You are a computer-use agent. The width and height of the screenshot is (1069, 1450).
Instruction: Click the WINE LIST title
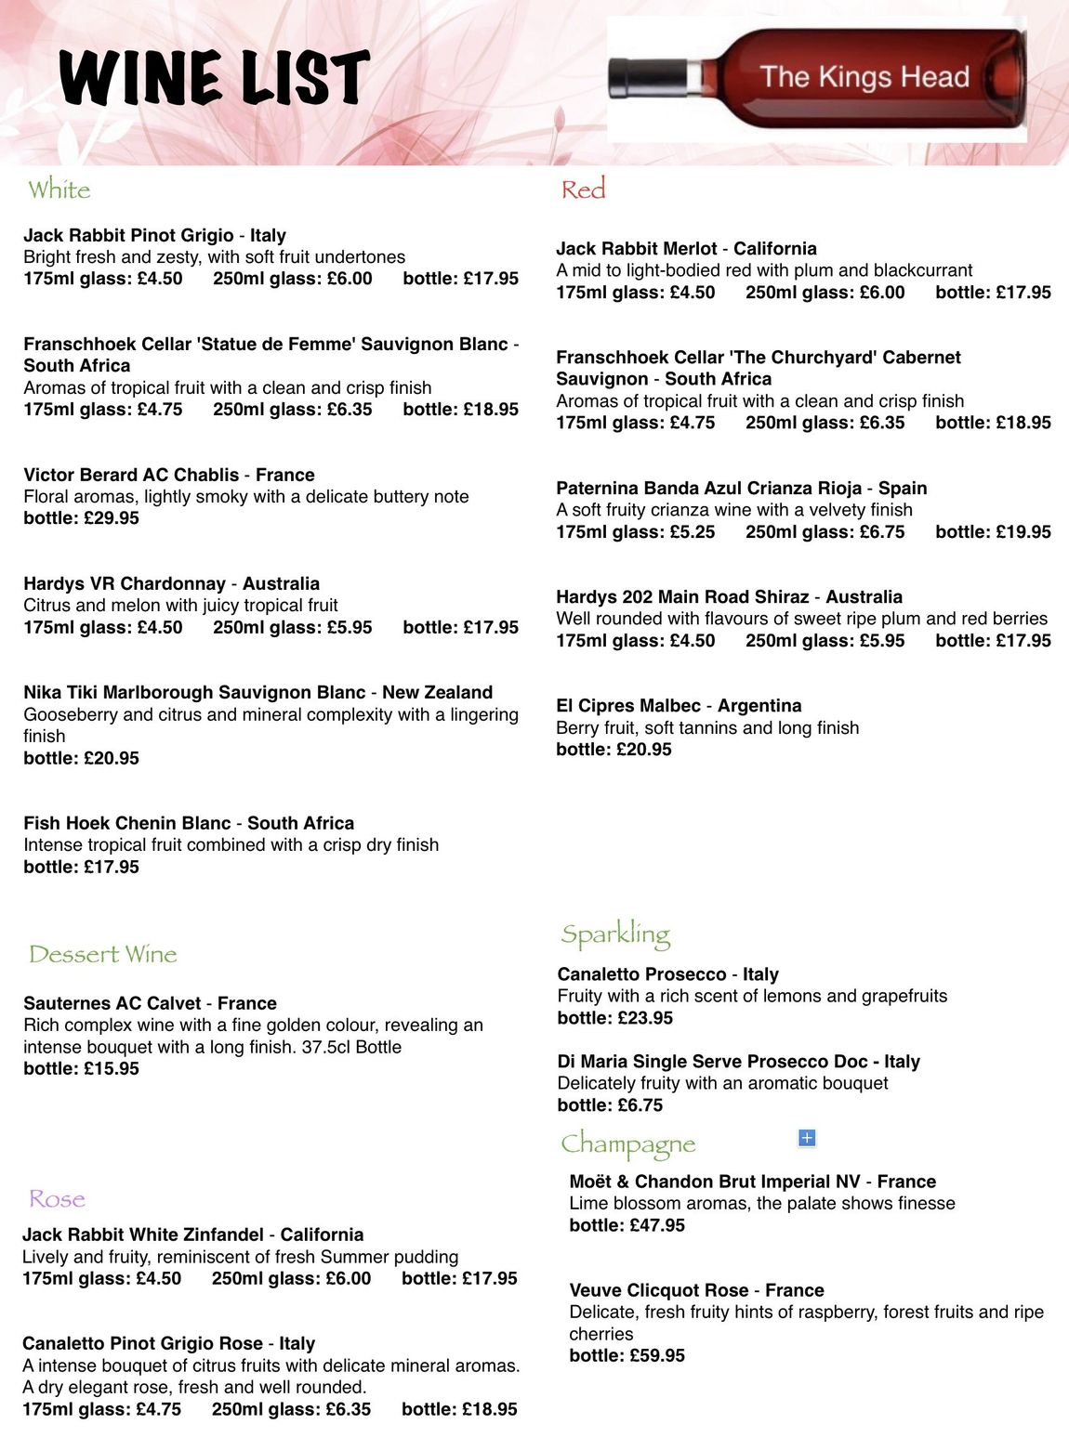coord(214,78)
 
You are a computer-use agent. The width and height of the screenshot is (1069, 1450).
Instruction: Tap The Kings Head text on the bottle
coord(864,77)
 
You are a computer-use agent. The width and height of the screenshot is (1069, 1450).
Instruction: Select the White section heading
coord(59,189)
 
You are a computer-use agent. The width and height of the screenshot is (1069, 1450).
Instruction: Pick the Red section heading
coord(583,189)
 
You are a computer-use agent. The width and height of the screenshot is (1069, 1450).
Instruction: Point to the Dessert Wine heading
coord(102,954)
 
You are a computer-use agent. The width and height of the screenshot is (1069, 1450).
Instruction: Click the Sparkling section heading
coord(615,934)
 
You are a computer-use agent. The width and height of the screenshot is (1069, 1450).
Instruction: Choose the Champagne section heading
coord(627,1143)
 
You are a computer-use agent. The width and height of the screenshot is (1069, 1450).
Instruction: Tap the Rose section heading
coord(57,1199)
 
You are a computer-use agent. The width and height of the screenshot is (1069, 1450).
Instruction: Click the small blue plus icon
coord(807,1138)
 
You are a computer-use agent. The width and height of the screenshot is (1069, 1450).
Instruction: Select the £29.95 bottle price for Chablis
coord(111,518)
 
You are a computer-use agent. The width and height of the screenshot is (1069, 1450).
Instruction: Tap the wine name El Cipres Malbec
coord(628,706)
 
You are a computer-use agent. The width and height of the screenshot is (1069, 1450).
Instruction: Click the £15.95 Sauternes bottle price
coord(111,1068)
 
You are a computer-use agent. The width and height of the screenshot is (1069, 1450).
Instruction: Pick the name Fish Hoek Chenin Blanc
coord(127,823)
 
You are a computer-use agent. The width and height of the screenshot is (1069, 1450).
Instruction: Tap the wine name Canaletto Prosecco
coord(641,974)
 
